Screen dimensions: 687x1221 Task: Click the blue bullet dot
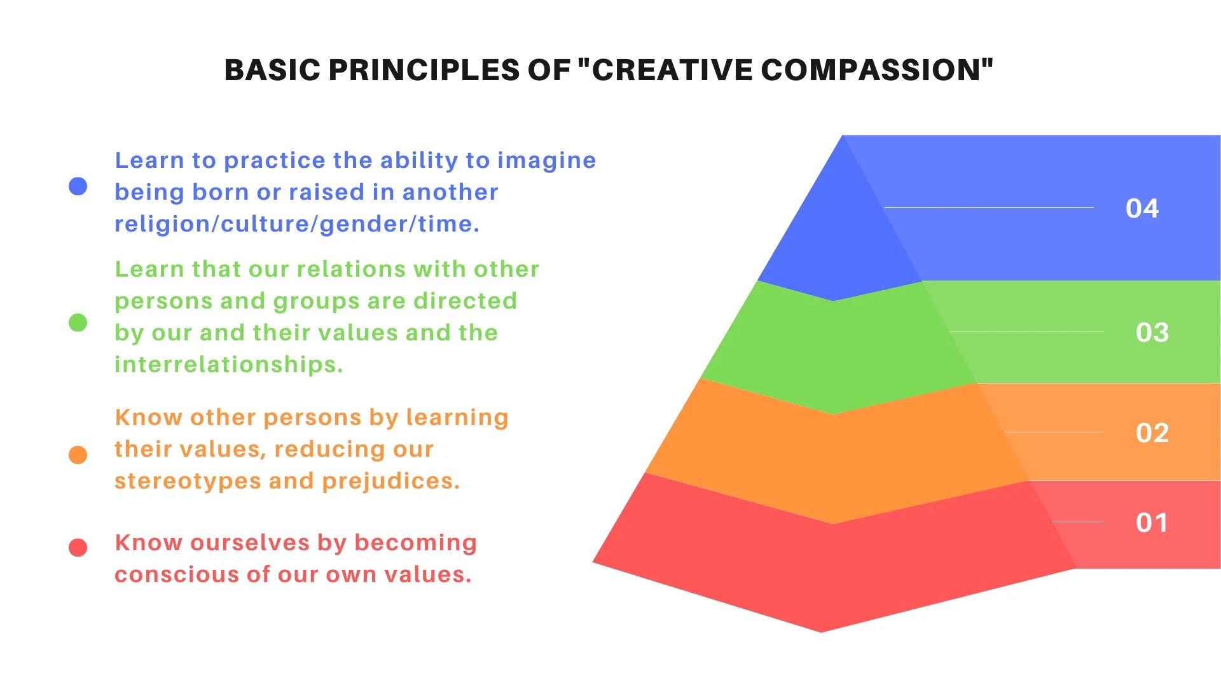78,186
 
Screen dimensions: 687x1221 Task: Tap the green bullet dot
78,323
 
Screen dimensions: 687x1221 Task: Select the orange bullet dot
78,455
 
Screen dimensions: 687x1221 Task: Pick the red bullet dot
78,547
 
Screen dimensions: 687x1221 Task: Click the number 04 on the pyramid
1142,209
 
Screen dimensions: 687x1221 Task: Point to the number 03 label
1152,333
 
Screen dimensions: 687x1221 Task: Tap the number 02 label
1152,433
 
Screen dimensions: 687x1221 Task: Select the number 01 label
1152,523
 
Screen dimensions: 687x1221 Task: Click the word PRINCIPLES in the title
424,70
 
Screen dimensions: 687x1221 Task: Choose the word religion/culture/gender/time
296,224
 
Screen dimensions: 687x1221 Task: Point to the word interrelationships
228,364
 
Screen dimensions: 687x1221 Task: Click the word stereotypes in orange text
188,481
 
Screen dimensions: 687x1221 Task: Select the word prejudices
390,481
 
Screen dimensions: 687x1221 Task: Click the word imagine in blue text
546,160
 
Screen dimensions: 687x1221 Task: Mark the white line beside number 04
989,207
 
